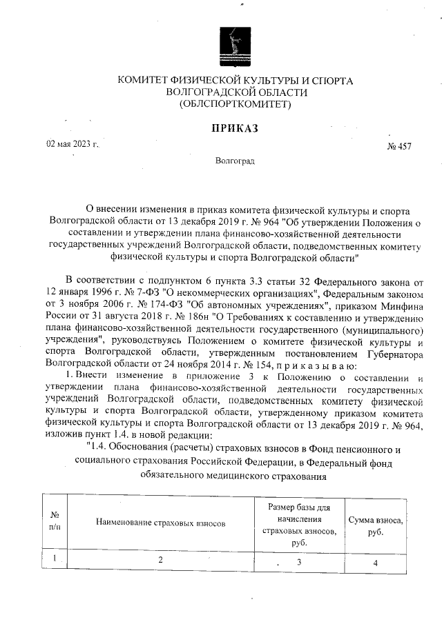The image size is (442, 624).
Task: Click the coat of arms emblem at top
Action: coord(236,43)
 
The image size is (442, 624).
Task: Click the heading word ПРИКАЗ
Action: coord(235,128)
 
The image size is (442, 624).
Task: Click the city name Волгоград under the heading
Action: coord(235,161)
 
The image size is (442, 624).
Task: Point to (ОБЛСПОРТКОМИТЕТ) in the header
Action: coord(235,105)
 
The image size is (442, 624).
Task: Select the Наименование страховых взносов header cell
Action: coord(161,523)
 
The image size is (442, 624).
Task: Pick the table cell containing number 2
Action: coord(160,559)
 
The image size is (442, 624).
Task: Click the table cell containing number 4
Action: coord(375,563)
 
